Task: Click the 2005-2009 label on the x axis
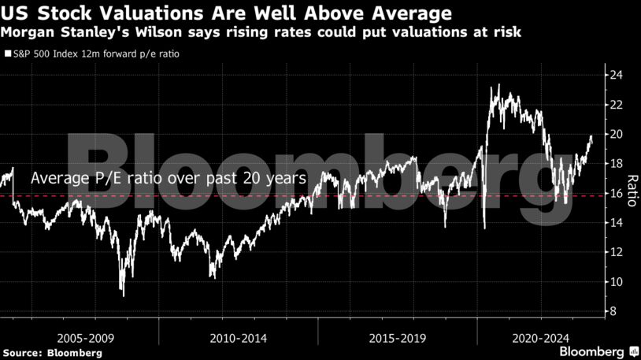coord(80,337)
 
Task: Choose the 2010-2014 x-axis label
coord(239,337)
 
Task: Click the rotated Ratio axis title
coord(632,194)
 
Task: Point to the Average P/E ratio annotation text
coord(168,179)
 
